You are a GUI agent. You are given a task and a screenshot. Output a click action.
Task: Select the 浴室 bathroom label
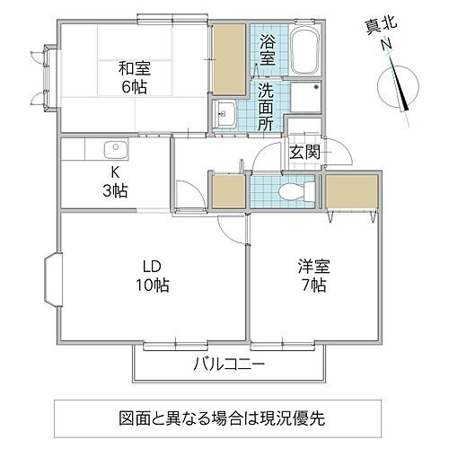coord(268,50)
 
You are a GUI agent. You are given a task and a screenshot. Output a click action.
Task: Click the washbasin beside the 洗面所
coord(225,114)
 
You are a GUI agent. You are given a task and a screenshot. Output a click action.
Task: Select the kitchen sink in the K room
coord(113,150)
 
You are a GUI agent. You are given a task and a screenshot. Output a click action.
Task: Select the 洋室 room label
coord(312,267)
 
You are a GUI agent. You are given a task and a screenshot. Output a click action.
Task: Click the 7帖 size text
coord(312,286)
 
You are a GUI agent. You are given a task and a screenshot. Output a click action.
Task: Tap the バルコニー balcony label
coord(228,365)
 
